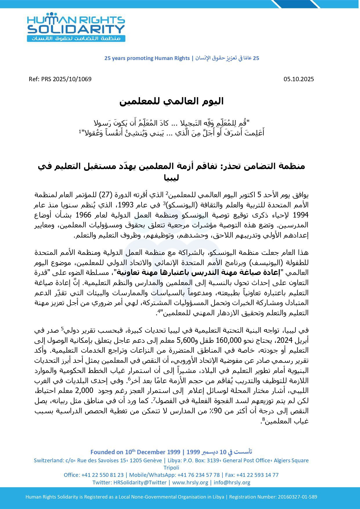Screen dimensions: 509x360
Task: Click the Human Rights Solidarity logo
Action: [x=76, y=27]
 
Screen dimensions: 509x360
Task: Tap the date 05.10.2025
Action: [x=299, y=79]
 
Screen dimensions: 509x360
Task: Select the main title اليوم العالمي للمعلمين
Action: [x=171, y=101]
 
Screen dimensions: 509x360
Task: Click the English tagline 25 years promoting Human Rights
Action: [x=147, y=58]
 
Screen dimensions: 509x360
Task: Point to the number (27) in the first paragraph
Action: [x=108, y=195]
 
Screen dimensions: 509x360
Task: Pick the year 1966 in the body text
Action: [x=84, y=215]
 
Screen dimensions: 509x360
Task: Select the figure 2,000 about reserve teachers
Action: [x=84, y=390]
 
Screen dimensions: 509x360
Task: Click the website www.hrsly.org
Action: [x=190, y=482]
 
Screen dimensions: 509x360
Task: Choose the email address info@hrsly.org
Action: [x=232, y=482]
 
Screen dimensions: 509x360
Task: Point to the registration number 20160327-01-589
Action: [x=297, y=497]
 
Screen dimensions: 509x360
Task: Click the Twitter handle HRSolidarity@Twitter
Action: [x=140, y=482]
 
